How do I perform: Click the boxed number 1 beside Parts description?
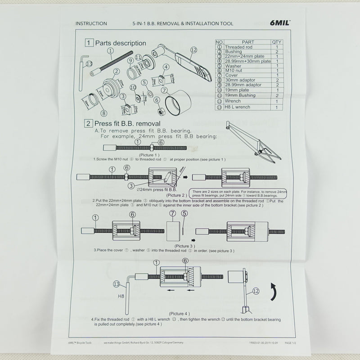tap(89, 43)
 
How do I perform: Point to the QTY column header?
tap(277, 42)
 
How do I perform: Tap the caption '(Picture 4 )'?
tap(180, 313)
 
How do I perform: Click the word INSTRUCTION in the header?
tap(91, 23)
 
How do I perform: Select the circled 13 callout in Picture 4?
tap(117, 284)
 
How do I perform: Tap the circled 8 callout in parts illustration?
tap(104, 113)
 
